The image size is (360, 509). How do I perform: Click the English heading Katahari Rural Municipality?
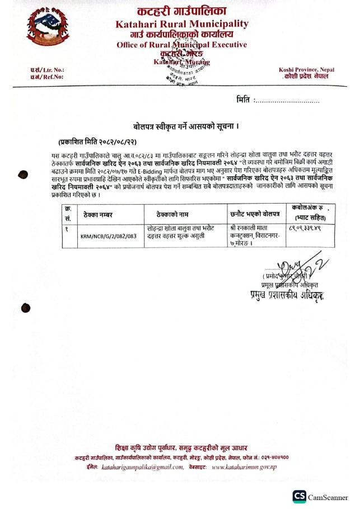[x=181, y=24]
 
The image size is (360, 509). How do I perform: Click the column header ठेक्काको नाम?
[x=176, y=214]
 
